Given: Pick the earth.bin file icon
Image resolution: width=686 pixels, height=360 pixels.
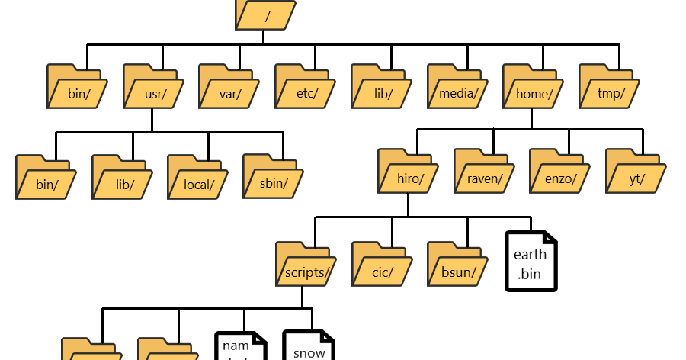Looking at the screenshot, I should point(531,262).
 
